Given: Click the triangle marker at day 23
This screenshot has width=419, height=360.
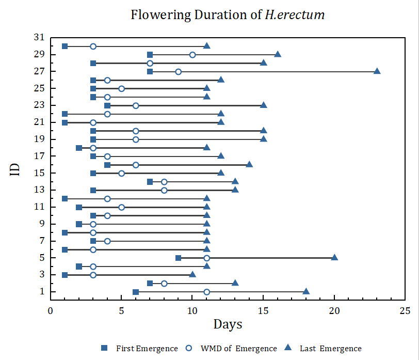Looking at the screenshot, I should (377, 71).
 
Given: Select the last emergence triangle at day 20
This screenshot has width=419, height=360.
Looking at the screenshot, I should (334, 258).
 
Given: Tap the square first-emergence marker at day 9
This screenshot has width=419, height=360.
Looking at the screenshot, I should (178, 258).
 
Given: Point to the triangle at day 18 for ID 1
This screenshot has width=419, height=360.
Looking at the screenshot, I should (306, 292).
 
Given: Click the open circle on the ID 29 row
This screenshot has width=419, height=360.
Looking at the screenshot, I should (192, 55).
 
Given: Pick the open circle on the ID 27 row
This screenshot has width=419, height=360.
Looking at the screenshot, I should (178, 71).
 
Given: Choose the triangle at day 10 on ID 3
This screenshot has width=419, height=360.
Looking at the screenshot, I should (192, 275).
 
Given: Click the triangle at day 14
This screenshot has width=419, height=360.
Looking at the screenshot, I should (249, 165).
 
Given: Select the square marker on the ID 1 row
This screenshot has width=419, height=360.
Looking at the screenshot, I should (136, 292).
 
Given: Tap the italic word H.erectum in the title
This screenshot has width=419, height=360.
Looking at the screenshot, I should (295, 14).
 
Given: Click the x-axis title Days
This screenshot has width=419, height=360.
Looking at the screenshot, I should (228, 324).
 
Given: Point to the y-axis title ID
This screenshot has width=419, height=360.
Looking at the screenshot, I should (15, 169).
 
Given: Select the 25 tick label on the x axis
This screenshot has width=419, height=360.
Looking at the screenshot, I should (405, 311).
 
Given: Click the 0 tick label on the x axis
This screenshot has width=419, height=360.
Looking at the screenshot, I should (51, 311).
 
